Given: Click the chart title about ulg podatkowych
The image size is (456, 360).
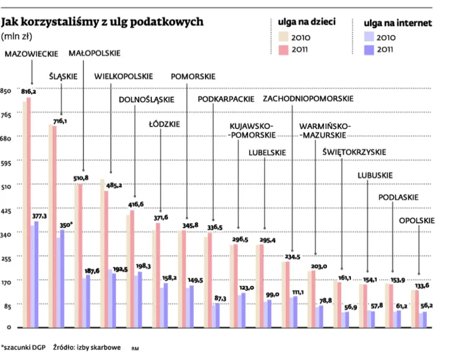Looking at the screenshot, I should tap(103, 22).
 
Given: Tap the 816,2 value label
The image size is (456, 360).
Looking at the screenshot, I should tap(29, 92).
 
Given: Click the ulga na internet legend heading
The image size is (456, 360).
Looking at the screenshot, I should tap(396, 22).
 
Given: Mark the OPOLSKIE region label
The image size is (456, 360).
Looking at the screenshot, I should tap(417, 220).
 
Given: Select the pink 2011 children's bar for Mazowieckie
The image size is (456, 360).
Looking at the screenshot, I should tap(29, 212).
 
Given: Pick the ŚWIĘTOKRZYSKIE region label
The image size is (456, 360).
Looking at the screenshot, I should tap(354, 152).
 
